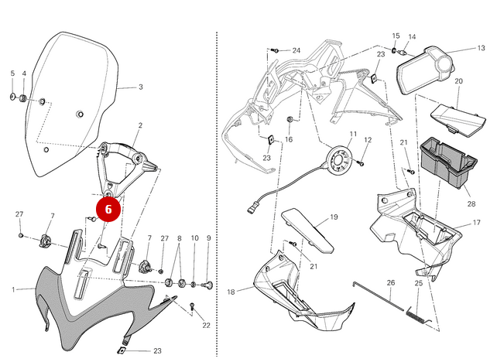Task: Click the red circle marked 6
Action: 108,209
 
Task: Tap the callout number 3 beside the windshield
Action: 141,87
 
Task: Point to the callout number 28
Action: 471,205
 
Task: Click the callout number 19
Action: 334,217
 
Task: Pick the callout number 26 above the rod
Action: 391,283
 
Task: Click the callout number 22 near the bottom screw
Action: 206,325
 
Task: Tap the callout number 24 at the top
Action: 296,50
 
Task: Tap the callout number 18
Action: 231,292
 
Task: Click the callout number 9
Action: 208,238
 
